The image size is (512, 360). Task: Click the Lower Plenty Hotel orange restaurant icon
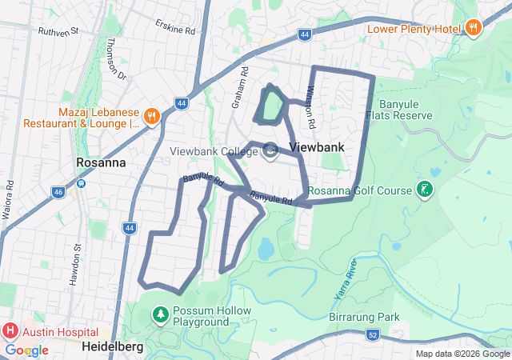pyautogui.click(x=474, y=28)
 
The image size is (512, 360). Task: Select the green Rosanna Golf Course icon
pyautogui.click(x=424, y=190)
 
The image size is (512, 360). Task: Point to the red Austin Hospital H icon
pyautogui.click(x=10, y=330)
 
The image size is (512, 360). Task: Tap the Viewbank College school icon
pyautogui.click(x=270, y=150)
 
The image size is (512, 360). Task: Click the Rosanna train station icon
pyautogui.click(x=81, y=183)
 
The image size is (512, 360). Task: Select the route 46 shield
pyautogui.click(x=58, y=192)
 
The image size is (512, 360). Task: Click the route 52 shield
pyautogui.click(x=374, y=334)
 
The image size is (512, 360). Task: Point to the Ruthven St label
pyautogui.click(x=58, y=31)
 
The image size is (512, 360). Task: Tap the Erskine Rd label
pyautogui.click(x=175, y=26)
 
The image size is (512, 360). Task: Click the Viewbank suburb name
pyautogui.click(x=317, y=147)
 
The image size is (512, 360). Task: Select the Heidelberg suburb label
pyautogui.click(x=112, y=346)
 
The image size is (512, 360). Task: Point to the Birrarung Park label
pyautogui.click(x=364, y=318)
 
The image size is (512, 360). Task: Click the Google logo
pyautogui.click(x=26, y=350)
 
